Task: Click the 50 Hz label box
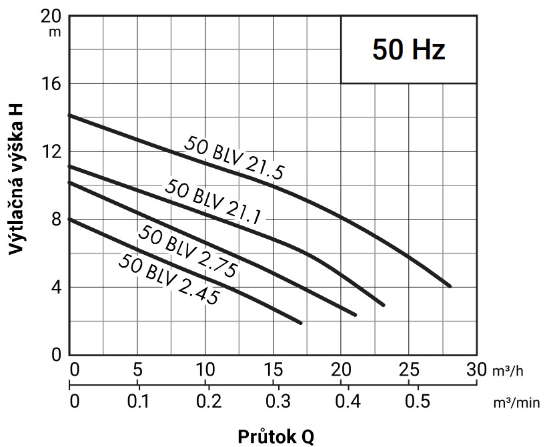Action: coord(408,50)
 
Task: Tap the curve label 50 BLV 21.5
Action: coord(234,158)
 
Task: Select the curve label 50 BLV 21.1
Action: coord(212,201)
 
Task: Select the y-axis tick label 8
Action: coord(57,219)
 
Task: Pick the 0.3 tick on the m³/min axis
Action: coord(277,402)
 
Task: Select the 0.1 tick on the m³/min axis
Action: coord(138,402)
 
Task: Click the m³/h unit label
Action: coord(508,370)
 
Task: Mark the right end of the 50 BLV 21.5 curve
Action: coord(450,286)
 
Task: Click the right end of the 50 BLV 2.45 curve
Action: coord(301,323)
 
